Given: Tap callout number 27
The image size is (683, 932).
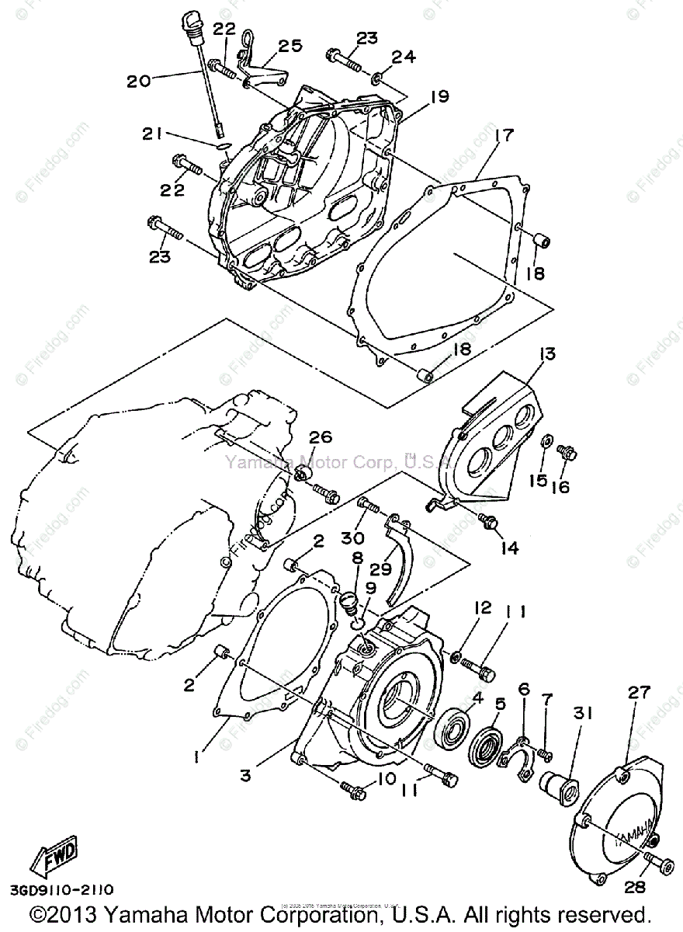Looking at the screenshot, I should pyautogui.click(x=638, y=694).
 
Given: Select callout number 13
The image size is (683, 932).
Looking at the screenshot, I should pyautogui.click(x=548, y=355).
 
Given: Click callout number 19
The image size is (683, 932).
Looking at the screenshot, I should pyautogui.click(x=439, y=96).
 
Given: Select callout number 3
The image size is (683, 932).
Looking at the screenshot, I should pyautogui.click(x=245, y=774).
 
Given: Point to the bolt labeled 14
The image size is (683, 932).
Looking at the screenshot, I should pyautogui.click(x=489, y=523).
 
